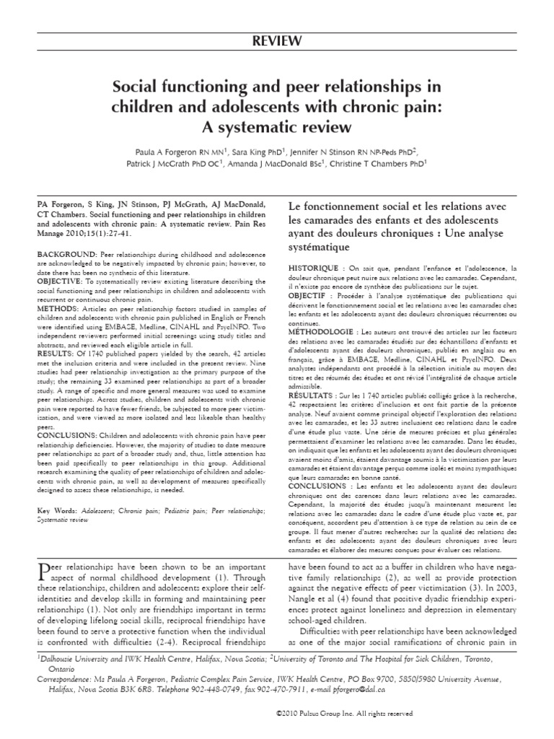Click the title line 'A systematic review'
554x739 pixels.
point(277,127)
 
